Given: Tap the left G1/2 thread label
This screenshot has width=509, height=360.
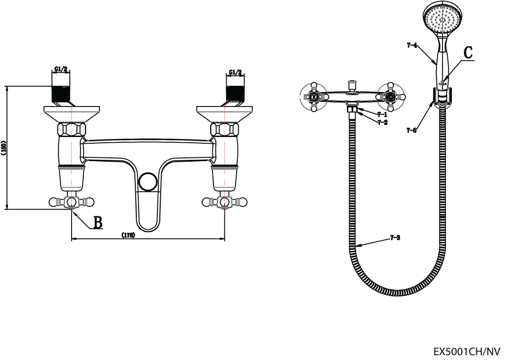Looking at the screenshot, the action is pos(61,69).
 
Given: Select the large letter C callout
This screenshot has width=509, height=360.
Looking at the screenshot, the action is pos(468,53).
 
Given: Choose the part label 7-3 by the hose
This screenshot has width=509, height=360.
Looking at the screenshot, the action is pos(395,238).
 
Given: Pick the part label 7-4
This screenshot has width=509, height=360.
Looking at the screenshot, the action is pos(412,45).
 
